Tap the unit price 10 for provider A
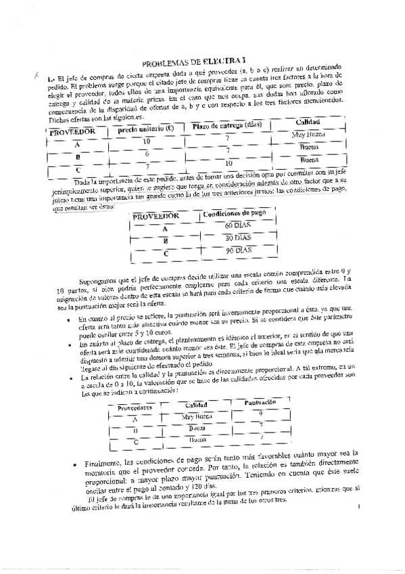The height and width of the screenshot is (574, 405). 147,140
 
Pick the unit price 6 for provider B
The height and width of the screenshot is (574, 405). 146,154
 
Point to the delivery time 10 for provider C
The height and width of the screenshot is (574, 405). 229,162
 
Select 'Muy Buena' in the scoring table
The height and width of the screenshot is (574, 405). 198,416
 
